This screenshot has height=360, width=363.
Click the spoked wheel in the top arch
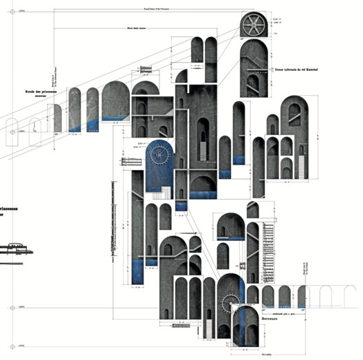click(x=255, y=27)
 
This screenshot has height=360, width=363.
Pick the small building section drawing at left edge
click(x=14, y=252)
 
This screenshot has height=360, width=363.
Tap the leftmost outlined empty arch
click(x=12, y=131)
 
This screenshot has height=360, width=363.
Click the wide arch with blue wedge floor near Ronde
click(x=115, y=103)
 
